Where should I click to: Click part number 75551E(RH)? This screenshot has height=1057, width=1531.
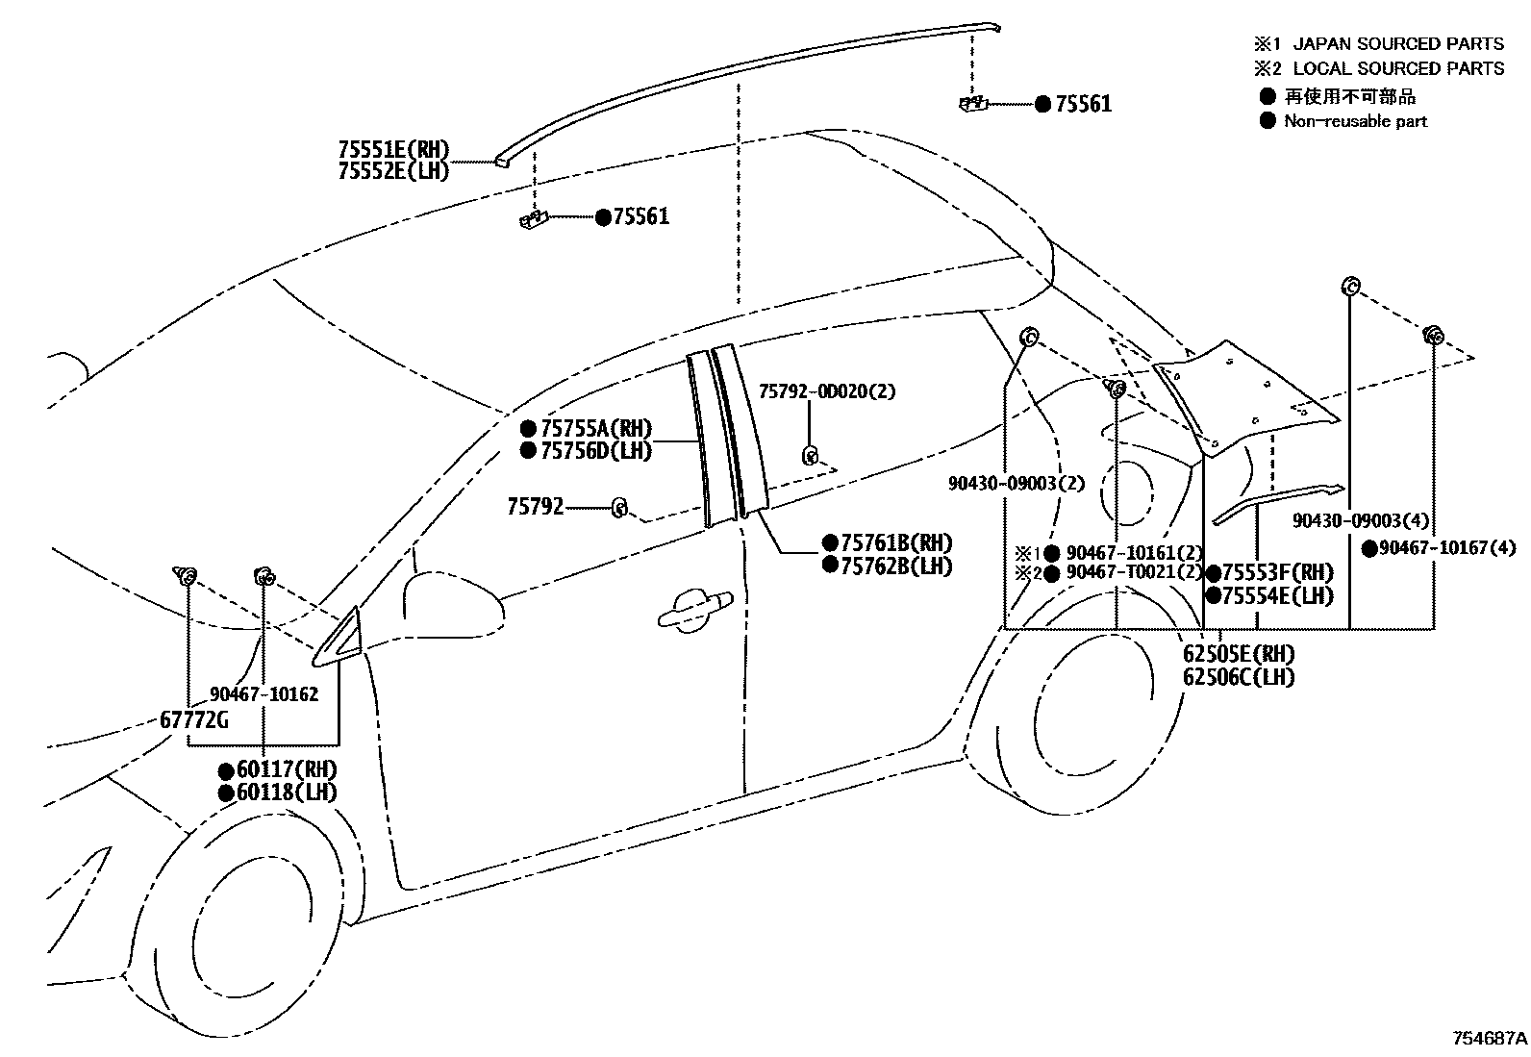[x=393, y=150]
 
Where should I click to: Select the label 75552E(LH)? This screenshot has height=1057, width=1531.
[x=393, y=171]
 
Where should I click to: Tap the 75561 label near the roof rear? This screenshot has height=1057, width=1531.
[x=1083, y=104]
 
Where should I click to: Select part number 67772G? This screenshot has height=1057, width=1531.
[x=195, y=719]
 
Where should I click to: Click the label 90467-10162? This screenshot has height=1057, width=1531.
[x=264, y=693]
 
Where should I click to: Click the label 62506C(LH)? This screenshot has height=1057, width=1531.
[x=1239, y=676]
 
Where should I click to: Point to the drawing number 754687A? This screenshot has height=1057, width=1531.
[x=1489, y=1039]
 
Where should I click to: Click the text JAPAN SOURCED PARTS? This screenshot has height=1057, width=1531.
[x=1397, y=43]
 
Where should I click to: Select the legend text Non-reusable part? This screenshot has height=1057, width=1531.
[x=1355, y=121]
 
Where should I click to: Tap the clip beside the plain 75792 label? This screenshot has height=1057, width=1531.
[x=620, y=507]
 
